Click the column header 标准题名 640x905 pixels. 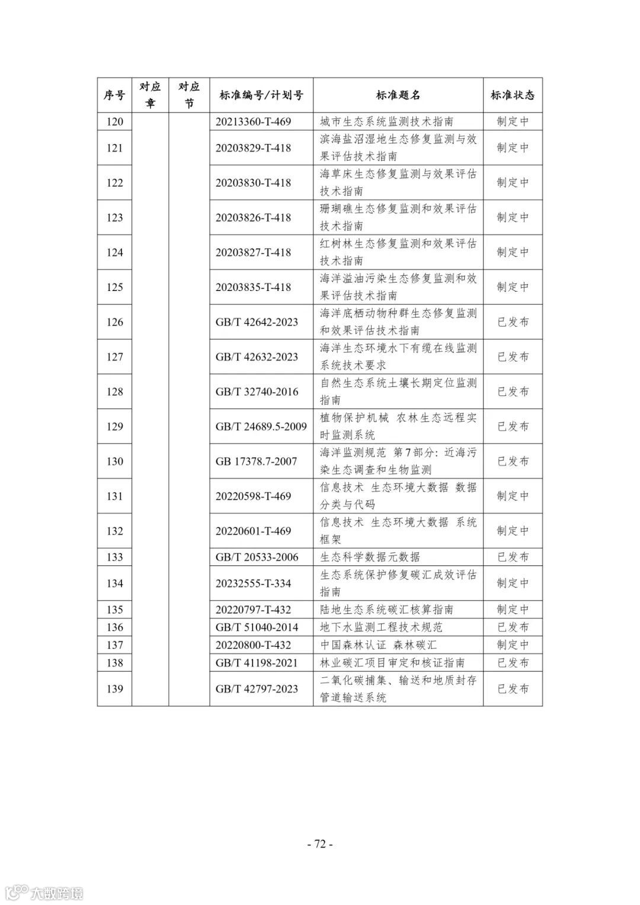click(x=398, y=95)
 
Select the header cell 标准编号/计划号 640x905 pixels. click(x=261, y=95)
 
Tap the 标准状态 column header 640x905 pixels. click(x=513, y=95)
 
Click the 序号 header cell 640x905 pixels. click(x=114, y=95)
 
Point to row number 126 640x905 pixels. click(x=114, y=322)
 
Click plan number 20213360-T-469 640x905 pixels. click(x=253, y=121)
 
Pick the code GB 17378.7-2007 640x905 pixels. click(x=256, y=461)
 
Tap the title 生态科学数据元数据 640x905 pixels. click(x=370, y=557)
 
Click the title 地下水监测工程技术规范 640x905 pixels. click(x=381, y=627)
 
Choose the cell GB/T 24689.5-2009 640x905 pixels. click(x=261, y=426)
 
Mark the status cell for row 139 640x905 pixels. click(x=513, y=689)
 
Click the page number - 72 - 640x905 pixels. click(x=320, y=844)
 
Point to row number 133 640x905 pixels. click(x=114, y=557)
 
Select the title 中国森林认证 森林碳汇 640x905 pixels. click(x=378, y=645)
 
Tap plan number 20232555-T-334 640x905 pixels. click(x=253, y=583)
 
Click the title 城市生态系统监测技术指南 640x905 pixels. click(x=386, y=121)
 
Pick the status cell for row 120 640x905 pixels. click(x=513, y=121)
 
